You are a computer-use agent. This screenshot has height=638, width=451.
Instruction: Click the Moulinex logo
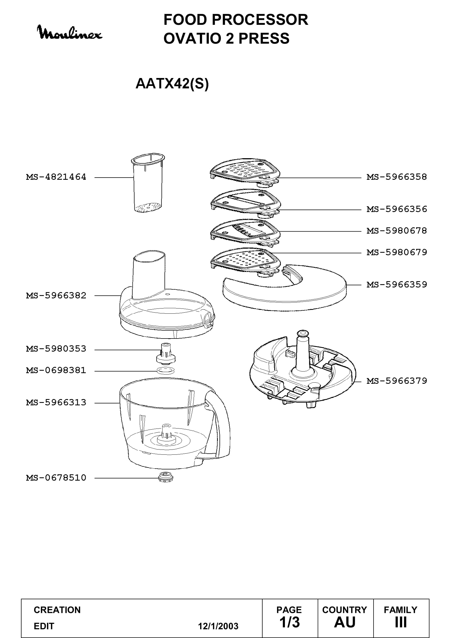click(x=70, y=33)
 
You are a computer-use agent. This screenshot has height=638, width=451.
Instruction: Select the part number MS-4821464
click(x=56, y=177)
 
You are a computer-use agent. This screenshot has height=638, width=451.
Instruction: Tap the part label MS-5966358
click(x=396, y=177)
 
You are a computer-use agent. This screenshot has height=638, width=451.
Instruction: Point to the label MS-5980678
click(x=396, y=231)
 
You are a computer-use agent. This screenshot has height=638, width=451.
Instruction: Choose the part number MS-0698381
click(x=56, y=370)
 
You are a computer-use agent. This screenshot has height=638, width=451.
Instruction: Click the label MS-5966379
click(x=396, y=381)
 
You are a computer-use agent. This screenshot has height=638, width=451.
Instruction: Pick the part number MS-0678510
click(x=56, y=478)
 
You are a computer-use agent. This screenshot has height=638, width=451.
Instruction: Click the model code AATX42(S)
click(x=172, y=83)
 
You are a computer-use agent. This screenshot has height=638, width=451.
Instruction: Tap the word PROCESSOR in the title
click(x=260, y=20)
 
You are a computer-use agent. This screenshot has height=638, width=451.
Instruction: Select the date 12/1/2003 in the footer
click(x=218, y=626)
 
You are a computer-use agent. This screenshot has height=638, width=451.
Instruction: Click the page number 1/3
click(x=290, y=622)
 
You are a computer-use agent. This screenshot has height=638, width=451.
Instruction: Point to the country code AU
click(x=345, y=622)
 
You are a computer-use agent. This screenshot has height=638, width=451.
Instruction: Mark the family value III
click(x=401, y=622)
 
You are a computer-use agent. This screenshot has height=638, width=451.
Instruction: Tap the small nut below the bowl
click(x=166, y=478)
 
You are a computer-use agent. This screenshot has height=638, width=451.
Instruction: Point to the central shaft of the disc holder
click(x=303, y=353)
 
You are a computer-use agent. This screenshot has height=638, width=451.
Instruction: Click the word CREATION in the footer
click(x=57, y=610)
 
